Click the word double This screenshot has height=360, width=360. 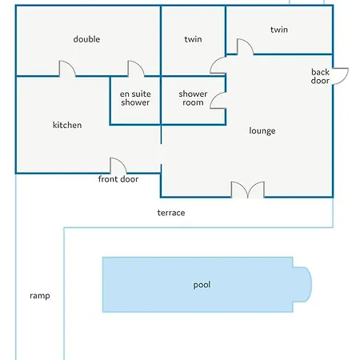[x=86, y=39]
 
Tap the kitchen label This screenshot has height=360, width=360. [x=67, y=125]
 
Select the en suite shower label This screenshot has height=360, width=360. [x=135, y=98]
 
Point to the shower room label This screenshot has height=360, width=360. [x=193, y=98]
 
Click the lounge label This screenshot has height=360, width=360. [x=262, y=130]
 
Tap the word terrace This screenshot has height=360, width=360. [x=171, y=213]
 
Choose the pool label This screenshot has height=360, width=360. [x=202, y=285]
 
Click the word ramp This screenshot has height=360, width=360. [x=40, y=296]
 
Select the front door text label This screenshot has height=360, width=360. [x=118, y=179]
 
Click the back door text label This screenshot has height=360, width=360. [x=320, y=76]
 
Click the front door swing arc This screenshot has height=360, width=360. [x=122, y=162]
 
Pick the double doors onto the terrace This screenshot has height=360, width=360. [x=248, y=190]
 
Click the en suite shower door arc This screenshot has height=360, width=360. [x=141, y=65]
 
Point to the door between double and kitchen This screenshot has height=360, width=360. [x=71, y=65]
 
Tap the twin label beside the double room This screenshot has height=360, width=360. [x=193, y=39]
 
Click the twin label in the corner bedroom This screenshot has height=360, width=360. [x=279, y=30]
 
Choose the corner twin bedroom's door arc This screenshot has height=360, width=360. [x=250, y=43]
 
